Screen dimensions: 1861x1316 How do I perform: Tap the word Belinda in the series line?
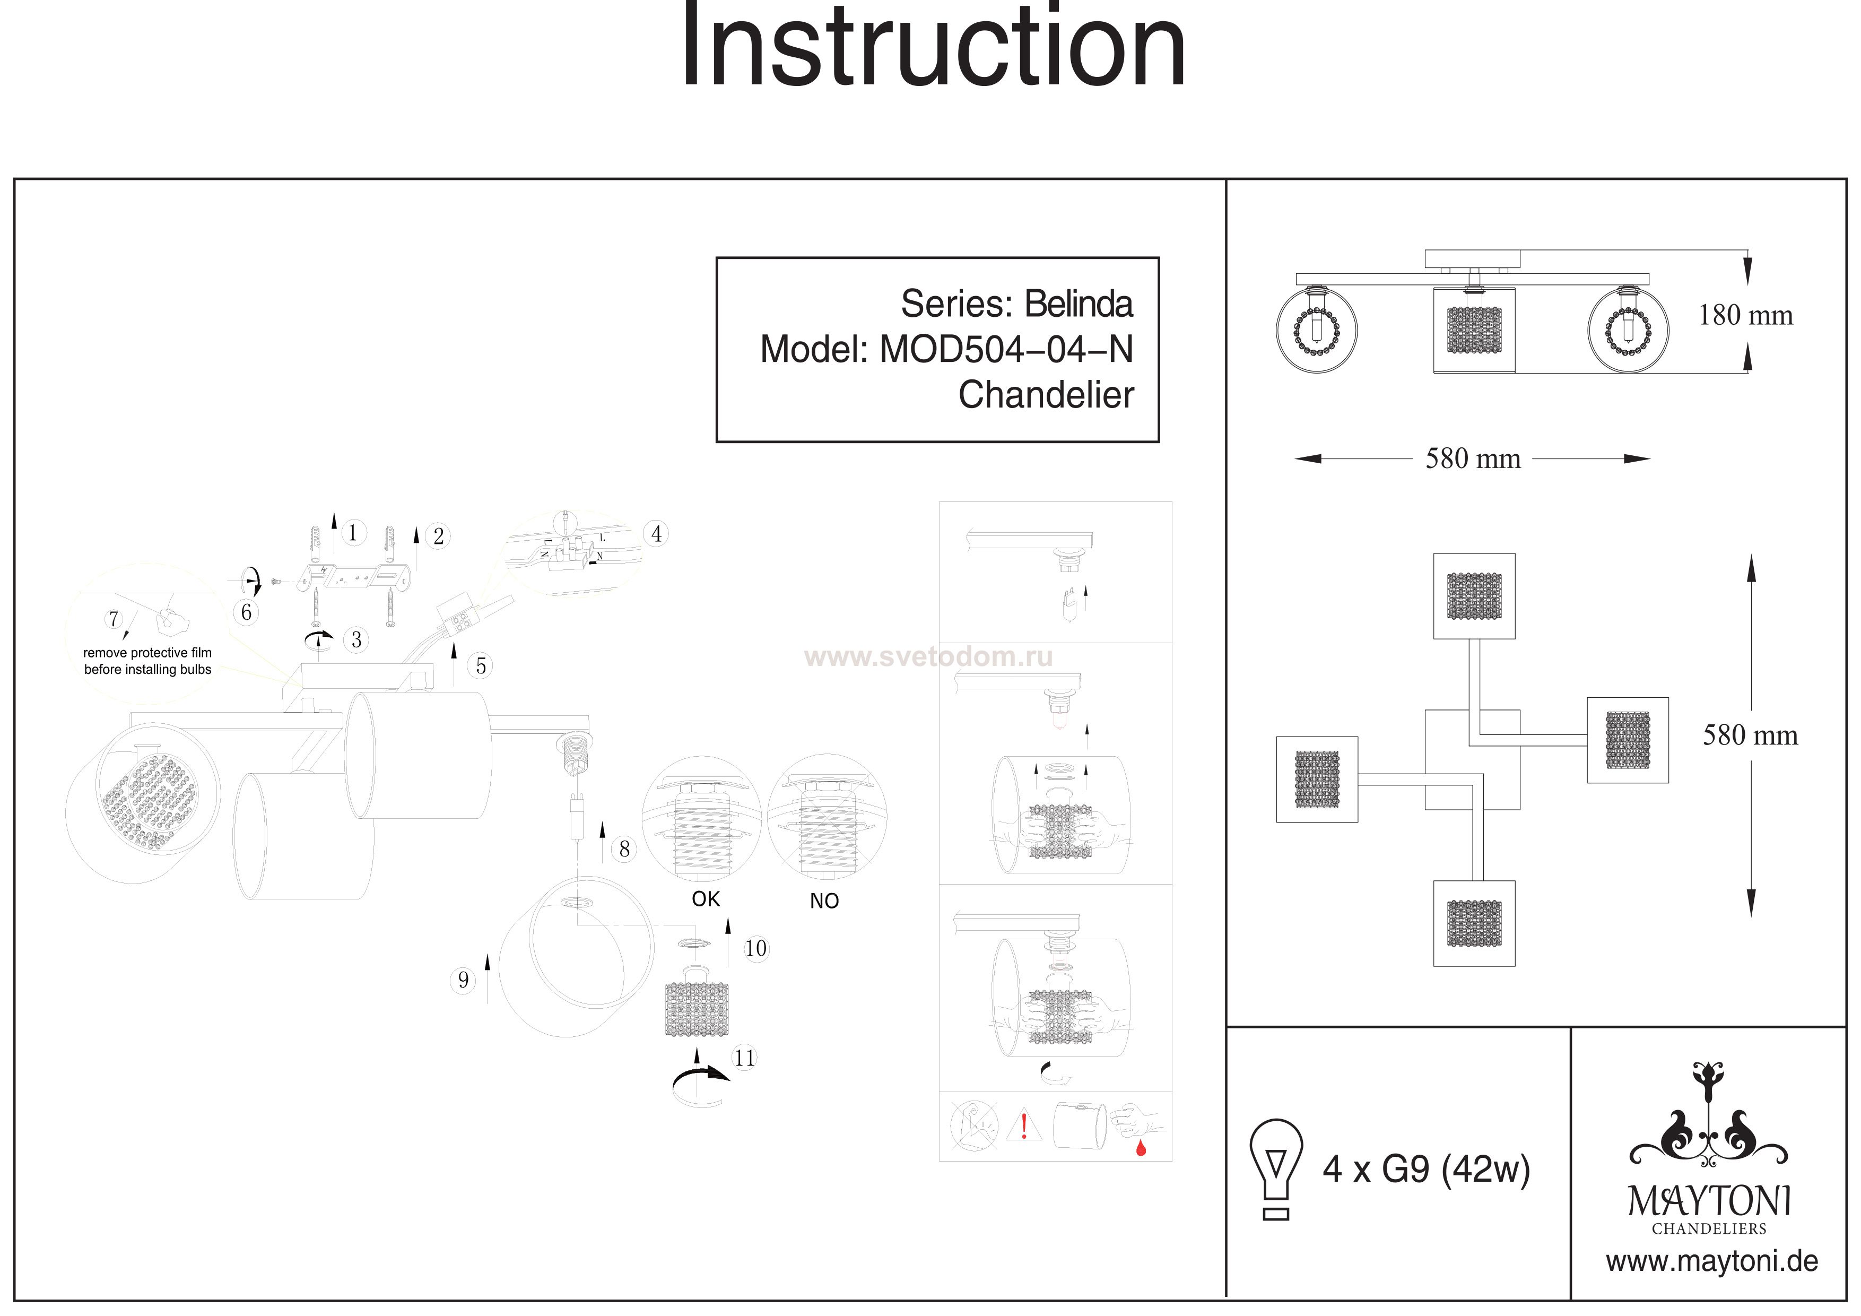click(x=1079, y=304)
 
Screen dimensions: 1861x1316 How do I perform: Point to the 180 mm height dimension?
click(x=1746, y=315)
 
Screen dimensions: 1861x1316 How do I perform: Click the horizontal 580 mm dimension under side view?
click(x=1473, y=459)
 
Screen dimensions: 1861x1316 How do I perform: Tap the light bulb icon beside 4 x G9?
click(x=1276, y=1169)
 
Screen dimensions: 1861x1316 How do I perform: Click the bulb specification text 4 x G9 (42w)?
click(x=1427, y=1169)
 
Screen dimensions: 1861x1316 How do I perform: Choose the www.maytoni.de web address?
click(x=1712, y=1262)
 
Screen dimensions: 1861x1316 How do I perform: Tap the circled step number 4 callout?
click(x=656, y=534)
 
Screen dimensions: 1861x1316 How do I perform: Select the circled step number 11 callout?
click(x=744, y=1058)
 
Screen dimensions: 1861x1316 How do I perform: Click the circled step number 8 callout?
click(x=624, y=849)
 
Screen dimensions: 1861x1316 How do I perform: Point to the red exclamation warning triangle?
click(x=1024, y=1125)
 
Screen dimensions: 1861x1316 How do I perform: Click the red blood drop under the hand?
click(x=1141, y=1147)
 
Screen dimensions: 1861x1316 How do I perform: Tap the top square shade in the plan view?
click(x=1474, y=596)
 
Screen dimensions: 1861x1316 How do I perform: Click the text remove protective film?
click(x=147, y=653)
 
